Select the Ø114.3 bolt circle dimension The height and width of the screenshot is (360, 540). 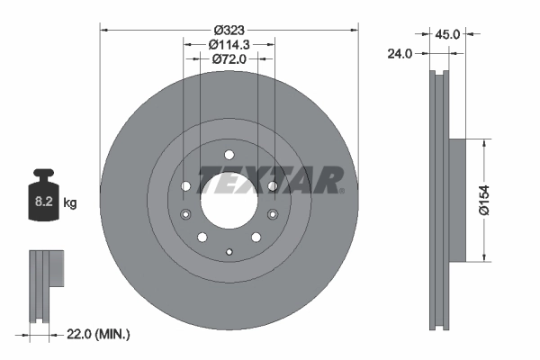(x=229, y=44)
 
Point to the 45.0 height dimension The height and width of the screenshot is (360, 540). (x=447, y=34)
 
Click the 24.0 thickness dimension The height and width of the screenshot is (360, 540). (x=399, y=54)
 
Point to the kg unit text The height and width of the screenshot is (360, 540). (x=69, y=203)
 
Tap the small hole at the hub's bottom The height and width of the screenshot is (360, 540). (x=229, y=252)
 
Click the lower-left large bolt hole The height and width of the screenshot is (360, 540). (x=202, y=237)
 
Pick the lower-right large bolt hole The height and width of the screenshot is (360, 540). (x=256, y=237)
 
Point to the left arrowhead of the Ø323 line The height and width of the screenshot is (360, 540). (x=102, y=30)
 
